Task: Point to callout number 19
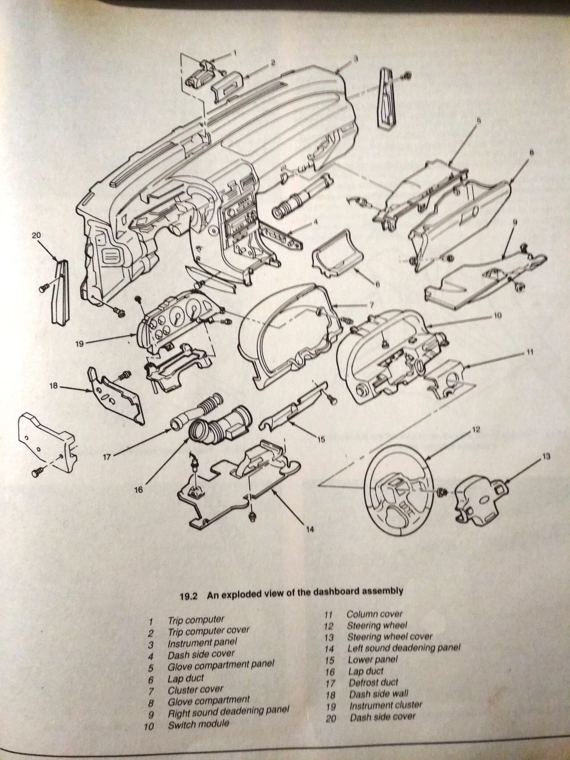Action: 79,343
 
